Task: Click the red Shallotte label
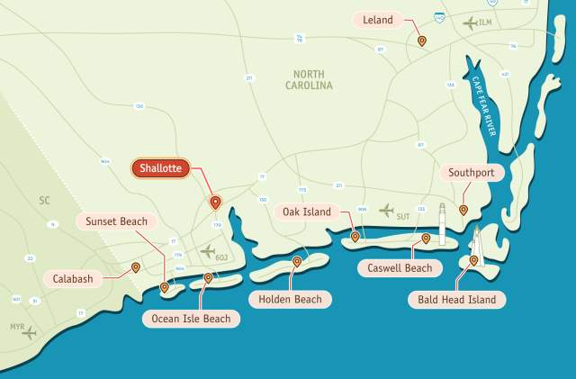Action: pyautogui.click(x=162, y=167)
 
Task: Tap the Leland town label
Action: pyautogui.click(x=378, y=19)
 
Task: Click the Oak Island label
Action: pyautogui.click(x=307, y=212)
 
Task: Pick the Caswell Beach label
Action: pyautogui.click(x=400, y=267)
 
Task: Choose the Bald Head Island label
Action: pyautogui.click(x=456, y=299)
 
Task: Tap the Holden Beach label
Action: pyautogui.click(x=289, y=299)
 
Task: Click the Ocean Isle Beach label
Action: pyautogui.click(x=191, y=319)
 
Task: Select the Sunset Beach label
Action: pyautogui.click(x=116, y=221)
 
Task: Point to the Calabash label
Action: pyautogui.click(x=73, y=279)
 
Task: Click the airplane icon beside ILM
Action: pyautogui.click(x=470, y=23)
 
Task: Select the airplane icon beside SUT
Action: pyautogui.click(x=386, y=211)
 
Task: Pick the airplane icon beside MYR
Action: pyautogui.click(x=29, y=333)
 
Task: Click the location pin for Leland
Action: pyautogui.click(x=421, y=41)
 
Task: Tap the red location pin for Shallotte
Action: pyautogui.click(x=215, y=203)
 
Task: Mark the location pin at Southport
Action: pyautogui.click(x=463, y=210)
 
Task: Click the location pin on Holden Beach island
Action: pyautogui.click(x=297, y=262)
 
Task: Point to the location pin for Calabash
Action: pyautogui.click(x=136, y=266)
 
